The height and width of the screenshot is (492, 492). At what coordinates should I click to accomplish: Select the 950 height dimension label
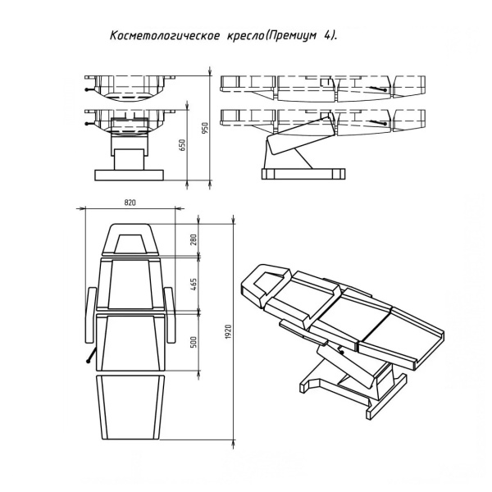click(206, 128)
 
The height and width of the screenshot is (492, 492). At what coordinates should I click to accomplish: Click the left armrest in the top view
click(90, 313)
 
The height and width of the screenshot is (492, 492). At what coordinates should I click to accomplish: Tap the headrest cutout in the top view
click(130, 243)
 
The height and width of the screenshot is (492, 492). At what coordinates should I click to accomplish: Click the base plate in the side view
click(300, 173)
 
